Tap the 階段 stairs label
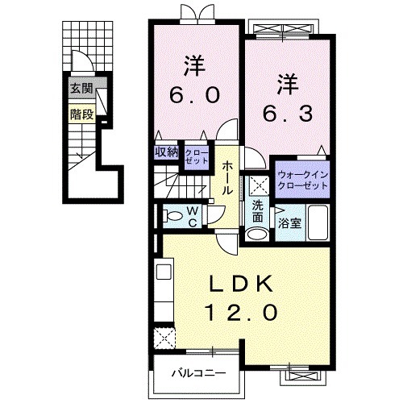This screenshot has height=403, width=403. tap(81, 114)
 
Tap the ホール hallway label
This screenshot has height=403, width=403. tap(229, 177)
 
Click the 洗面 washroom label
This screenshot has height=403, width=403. tap(257, 211)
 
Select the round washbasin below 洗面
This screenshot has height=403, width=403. tap(256, 235)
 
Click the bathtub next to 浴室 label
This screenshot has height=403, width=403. tap(315, 223)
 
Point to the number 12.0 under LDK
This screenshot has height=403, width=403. tap(244, 310)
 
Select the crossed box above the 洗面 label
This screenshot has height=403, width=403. tap(257, 184)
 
